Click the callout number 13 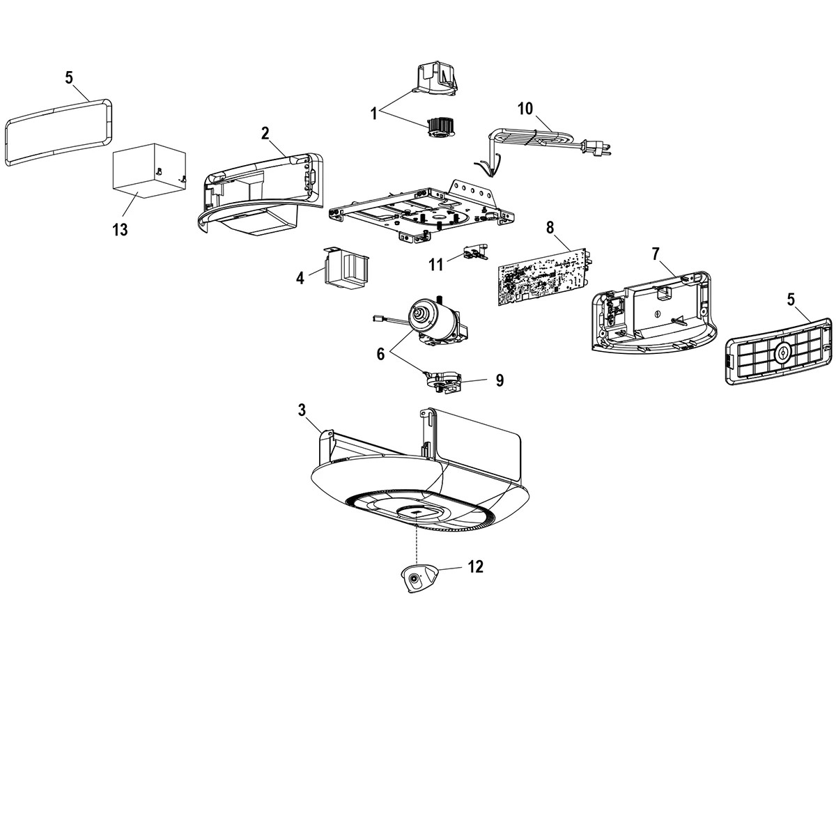click(x=120, y=229)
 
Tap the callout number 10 click(x=525, y=108)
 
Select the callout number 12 click(x=474, y=566)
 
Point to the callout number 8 click(x=550, y=226)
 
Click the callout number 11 click(x=435, y=264)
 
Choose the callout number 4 click(x=300, y=278)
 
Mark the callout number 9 click(x=500, y=380)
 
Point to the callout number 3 click(x=302, y=411)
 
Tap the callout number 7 click(x=655, y=254)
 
